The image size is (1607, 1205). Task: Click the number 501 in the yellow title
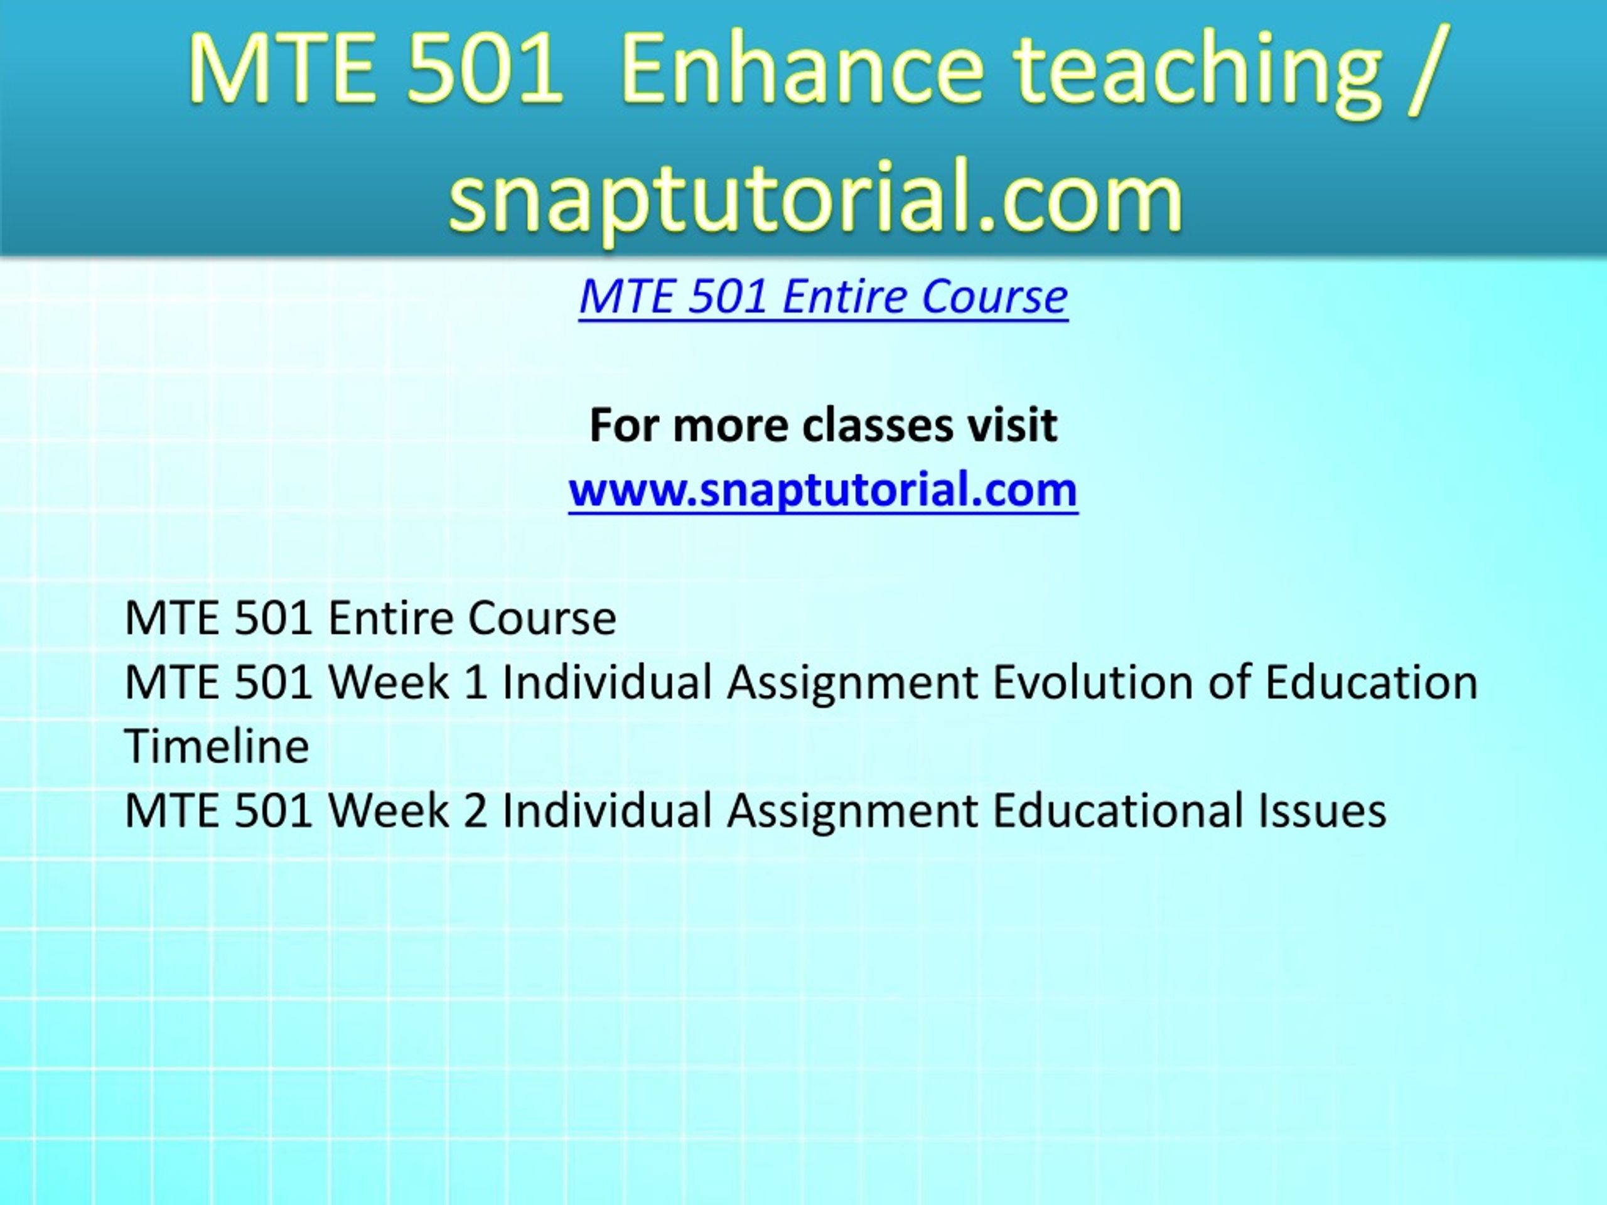pos(485,70)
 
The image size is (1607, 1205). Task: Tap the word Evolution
pos(1094,682)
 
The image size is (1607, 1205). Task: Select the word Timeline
pos(217,746)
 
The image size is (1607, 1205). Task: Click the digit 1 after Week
pos(475,683)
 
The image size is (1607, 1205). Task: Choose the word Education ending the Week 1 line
pos(1371,682)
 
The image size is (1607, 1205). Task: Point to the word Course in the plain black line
pos(541,618)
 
